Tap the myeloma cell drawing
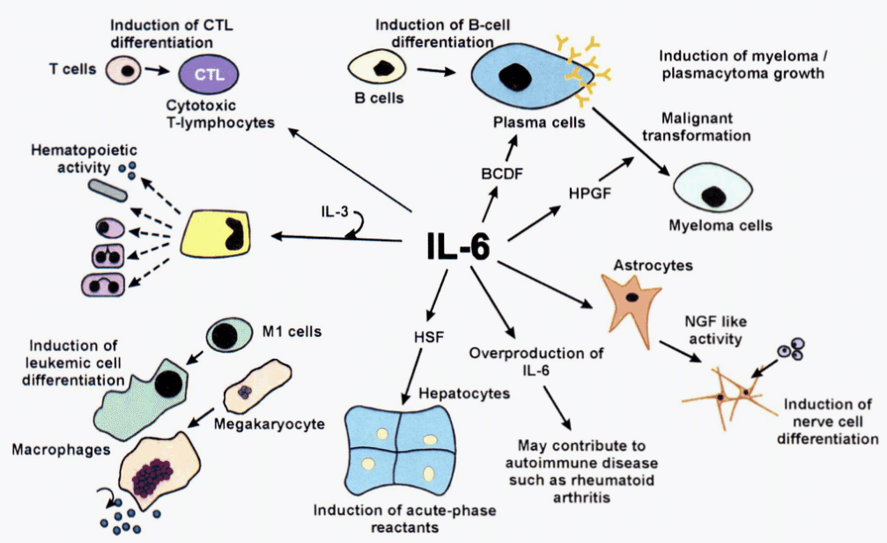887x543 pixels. [713, 187]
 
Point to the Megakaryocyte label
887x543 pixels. [269, 424]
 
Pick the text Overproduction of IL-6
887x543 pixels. [536, 362]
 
